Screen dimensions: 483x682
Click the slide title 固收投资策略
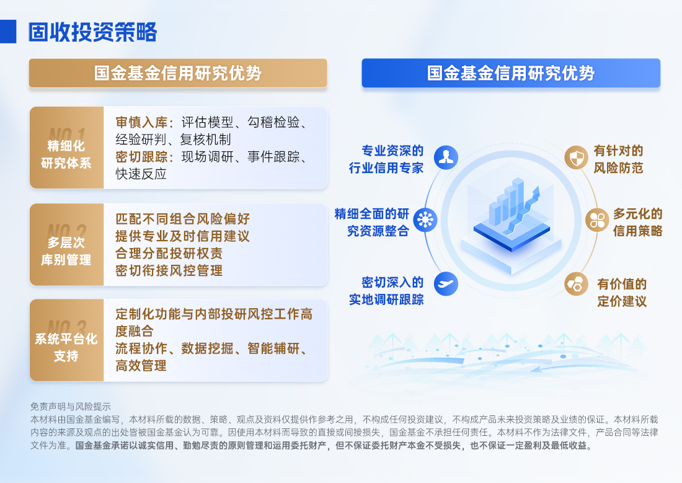click(92, 32)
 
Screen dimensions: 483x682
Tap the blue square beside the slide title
click(8, 32)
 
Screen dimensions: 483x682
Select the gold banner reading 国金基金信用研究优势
click(178, 73)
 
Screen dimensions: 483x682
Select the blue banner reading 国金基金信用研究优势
click(511, 73)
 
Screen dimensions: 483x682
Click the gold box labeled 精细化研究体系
click(66, 148)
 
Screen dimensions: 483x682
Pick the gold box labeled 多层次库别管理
click(66, 245)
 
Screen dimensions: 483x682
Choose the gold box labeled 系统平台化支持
click(66, 340)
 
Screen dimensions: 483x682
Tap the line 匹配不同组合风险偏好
click(183, 219)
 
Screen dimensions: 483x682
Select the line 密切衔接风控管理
click(169, 270)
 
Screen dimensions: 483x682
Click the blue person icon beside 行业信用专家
click(445, 157)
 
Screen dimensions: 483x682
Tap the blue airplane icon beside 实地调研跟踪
click(445, 283)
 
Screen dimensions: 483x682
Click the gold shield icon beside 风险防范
click(577, 157)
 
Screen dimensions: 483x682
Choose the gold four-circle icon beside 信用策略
click(597, 219)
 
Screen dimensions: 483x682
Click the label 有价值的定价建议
click(622, 293)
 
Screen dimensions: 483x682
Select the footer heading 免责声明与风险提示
click(70, 407)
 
